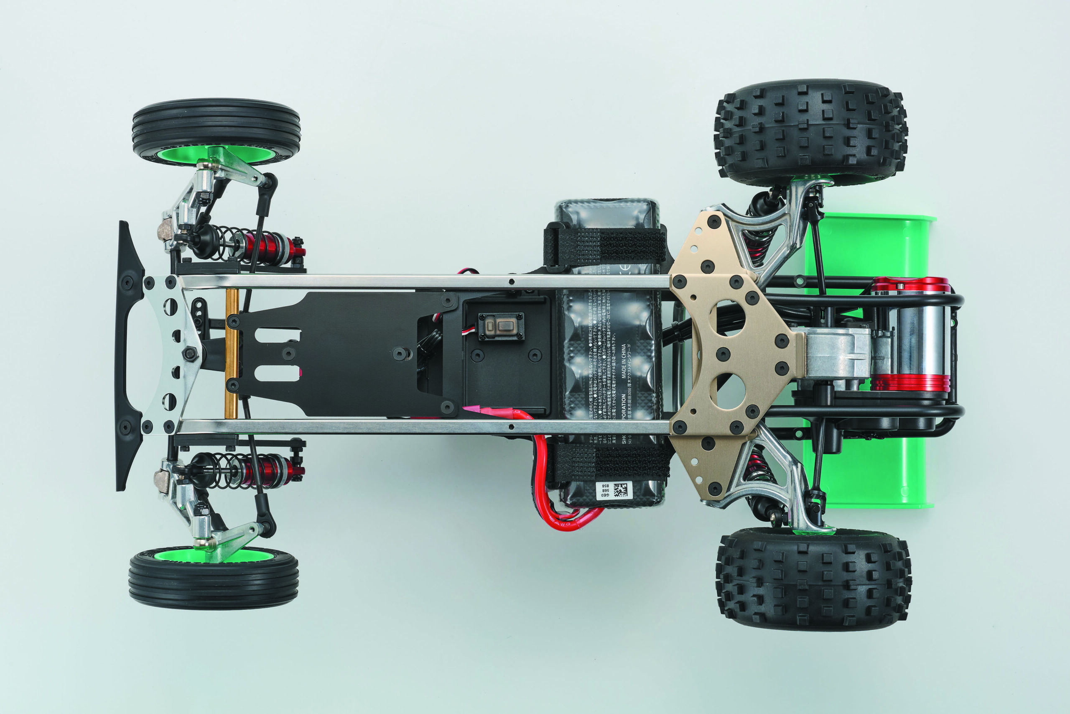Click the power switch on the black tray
click(x=500, y=326)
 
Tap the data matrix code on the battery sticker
click(x=621, y=490)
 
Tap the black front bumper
click(x=127, y=355)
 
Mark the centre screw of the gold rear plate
click(x=723, y=354)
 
